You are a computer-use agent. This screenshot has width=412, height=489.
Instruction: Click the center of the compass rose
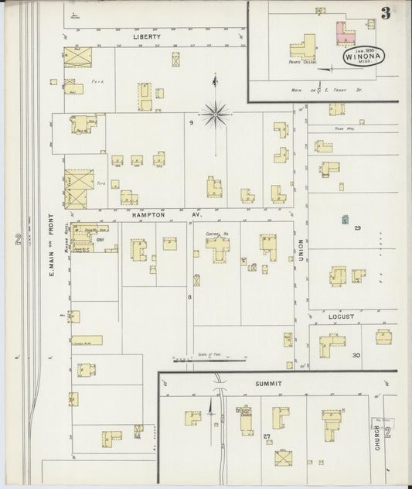pos(215,114)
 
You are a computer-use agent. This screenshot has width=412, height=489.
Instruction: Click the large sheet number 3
pos(384,13)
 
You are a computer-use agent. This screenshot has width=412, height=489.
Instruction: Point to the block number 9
pos(189,122)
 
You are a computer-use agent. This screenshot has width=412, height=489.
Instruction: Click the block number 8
pos(189,296)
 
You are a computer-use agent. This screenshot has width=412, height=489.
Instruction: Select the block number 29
pos(357,228)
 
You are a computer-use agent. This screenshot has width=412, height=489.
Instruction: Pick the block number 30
pos(356,355)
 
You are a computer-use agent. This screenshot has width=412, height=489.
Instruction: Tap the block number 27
pos(267,437)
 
